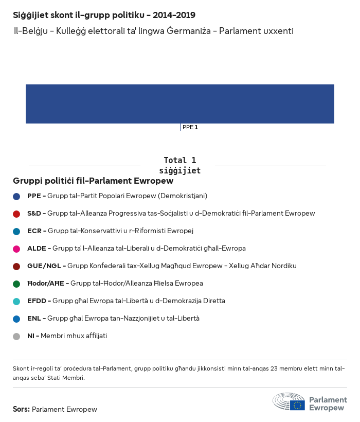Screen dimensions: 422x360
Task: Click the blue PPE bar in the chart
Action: click(180, 104)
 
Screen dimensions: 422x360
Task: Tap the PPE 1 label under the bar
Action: click(190, 127)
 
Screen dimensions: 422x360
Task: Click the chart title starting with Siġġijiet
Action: click(104, 15)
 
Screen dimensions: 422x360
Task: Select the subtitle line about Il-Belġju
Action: click(154, 31)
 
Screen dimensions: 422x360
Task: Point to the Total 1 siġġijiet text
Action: click(179, 165)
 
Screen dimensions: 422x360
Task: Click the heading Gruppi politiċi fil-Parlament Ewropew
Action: click(93, 181)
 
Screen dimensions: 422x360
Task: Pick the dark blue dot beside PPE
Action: click(16, 196)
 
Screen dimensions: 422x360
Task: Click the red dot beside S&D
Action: click(16, 214)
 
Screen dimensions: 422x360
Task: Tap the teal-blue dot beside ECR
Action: click(16, 231)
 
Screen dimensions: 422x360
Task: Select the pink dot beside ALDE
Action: click(16, 249)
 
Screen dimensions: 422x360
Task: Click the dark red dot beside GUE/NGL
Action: click(16, 266)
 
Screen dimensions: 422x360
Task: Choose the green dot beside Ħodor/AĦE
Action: click(16, 284)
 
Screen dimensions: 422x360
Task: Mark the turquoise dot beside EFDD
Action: click(16, 301)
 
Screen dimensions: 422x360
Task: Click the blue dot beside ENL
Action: click(16, 319)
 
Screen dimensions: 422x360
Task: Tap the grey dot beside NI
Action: click(16, 336)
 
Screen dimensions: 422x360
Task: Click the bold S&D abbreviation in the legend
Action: click(34, 214)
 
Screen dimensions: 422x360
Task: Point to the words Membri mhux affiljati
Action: click(74, 336)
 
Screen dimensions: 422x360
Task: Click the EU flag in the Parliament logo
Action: click(297, 405)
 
